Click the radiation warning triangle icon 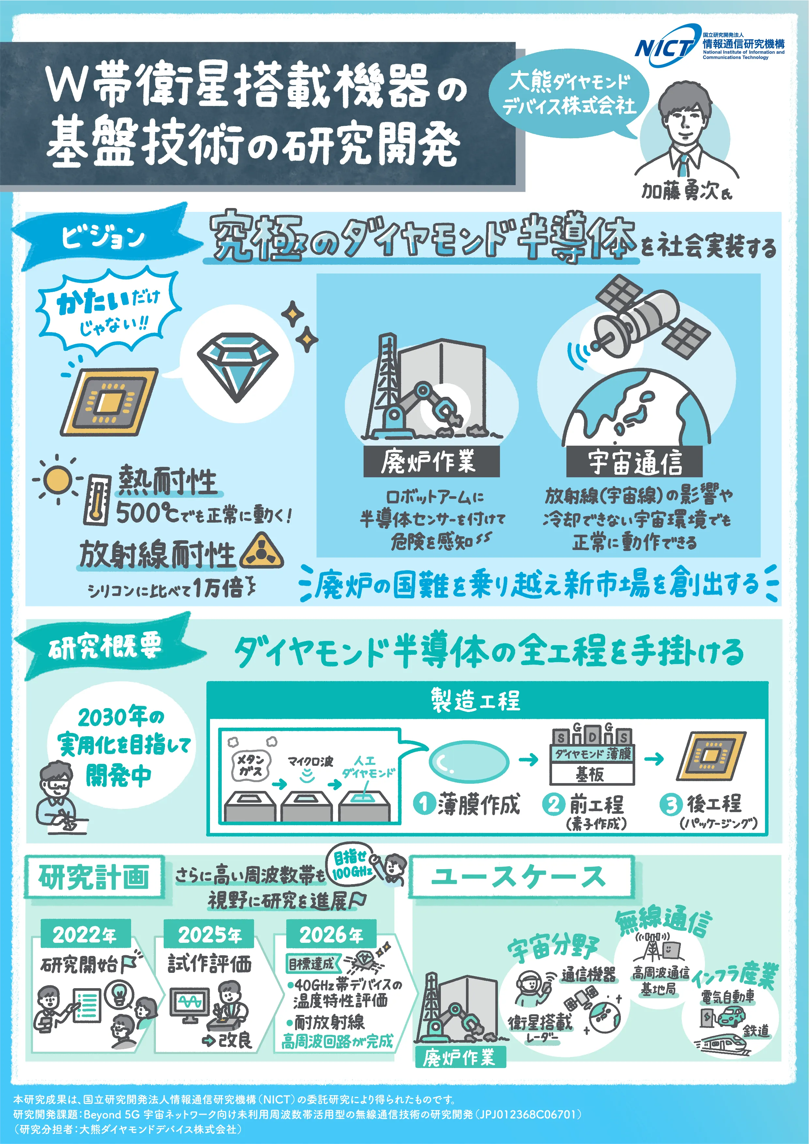pos(261,552)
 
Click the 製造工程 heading pos(475,701)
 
